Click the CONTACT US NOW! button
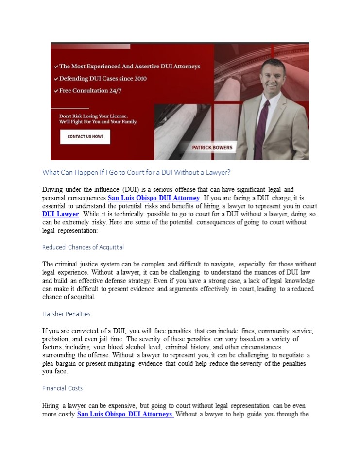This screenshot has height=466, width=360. tap(85, 137)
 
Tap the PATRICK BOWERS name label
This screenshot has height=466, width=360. tap(212, 148)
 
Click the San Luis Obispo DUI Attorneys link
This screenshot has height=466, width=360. tap(125, 415)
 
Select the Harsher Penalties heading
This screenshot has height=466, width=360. tap(66, 314)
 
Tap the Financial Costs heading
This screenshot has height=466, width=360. tap(62, 388)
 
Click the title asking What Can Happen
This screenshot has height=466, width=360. tap(136, 172)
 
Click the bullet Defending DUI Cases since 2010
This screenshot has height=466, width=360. tap(103, 78)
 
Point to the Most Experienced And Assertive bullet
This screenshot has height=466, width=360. tap(129, 67)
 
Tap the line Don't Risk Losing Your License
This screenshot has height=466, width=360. tap(93, 116)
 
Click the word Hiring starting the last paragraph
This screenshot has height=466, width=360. tap(51, 405)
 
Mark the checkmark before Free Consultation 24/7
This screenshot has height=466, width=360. tap(56, 91)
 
